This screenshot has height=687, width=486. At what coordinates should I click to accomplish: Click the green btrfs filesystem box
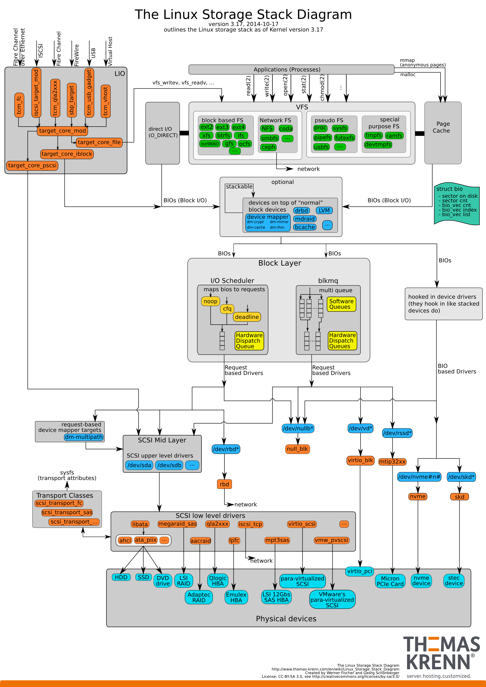click(x=224, y=135)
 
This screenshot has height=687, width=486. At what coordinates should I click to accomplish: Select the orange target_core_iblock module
click(x=67, y=154)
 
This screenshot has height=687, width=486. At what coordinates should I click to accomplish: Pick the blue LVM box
click(x=324, y=210)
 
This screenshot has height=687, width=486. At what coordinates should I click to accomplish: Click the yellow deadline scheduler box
click(x=247, y=317)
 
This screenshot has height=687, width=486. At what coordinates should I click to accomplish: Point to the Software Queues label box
click(x=341, y=304)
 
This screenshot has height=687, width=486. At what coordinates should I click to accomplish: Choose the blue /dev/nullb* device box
click(x=298, y=428)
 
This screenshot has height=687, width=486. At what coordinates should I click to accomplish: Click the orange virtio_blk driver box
click(x=360, y=460)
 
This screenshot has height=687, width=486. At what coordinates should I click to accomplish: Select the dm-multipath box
click(x=84, y=437)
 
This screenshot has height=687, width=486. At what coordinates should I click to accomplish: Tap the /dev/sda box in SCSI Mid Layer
click(x=139, y=465)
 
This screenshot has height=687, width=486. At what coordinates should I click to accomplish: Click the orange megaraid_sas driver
click(x=177, y=524)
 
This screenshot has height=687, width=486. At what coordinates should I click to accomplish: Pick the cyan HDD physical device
click(x=121, y=577)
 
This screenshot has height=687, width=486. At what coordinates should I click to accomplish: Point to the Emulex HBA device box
click(x=236, y=597)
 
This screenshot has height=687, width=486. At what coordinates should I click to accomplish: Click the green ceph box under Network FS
click(x=268, y=147)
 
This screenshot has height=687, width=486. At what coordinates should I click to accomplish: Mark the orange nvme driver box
click(x=418, y=496)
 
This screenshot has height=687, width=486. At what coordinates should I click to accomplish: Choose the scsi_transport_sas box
click(x=67, y=512)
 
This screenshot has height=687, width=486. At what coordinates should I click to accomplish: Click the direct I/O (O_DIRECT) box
click(x=162, y=133)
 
